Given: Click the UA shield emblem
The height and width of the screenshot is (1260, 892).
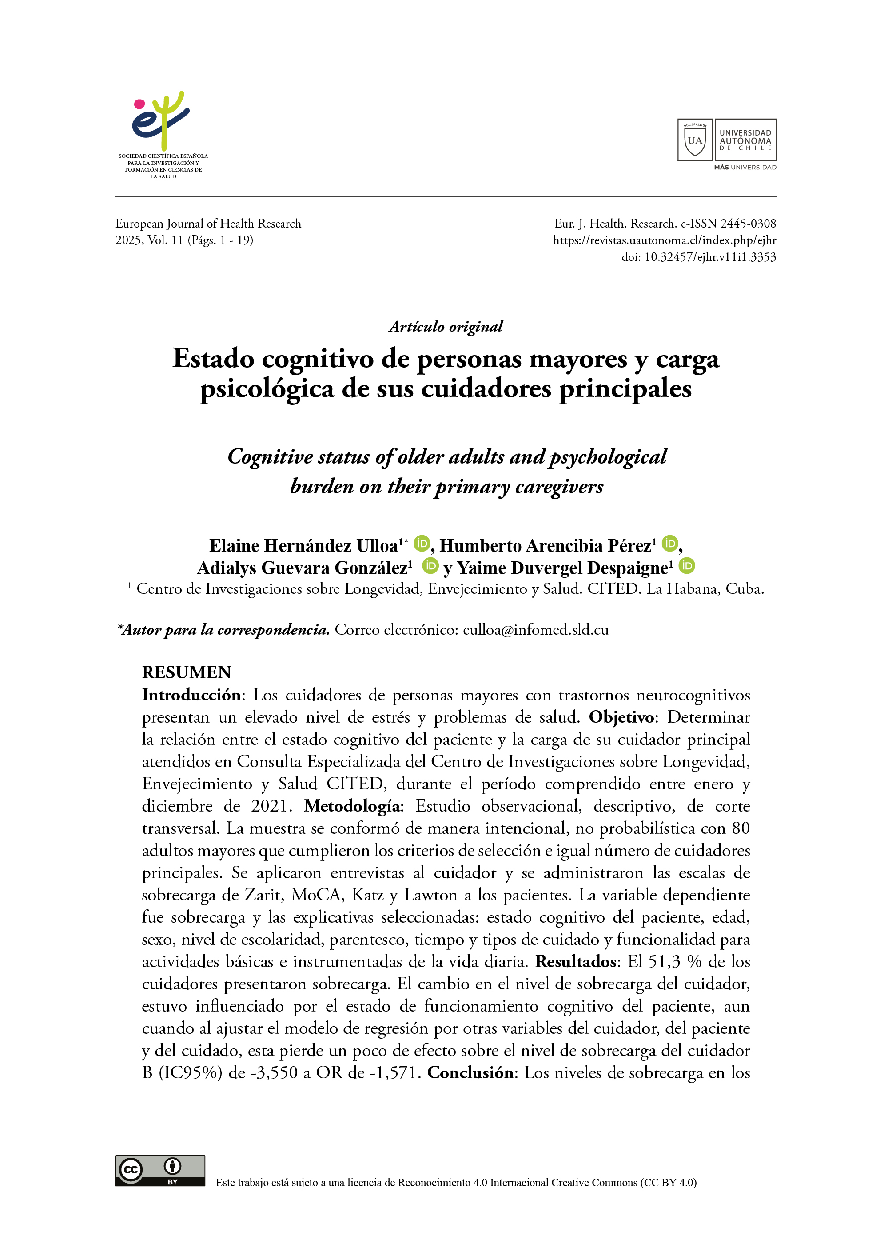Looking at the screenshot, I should coord(695,140).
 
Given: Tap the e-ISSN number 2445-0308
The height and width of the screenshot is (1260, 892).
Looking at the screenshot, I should coord(748,224).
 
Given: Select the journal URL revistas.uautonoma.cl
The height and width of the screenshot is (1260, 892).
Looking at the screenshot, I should coord(665,240).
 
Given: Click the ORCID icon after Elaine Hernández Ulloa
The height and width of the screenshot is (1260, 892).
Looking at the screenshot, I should coord(421,544).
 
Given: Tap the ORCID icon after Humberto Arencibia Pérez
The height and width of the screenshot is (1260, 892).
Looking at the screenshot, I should coord(669,544).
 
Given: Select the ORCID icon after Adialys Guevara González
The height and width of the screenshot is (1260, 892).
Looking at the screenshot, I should coord(430,565).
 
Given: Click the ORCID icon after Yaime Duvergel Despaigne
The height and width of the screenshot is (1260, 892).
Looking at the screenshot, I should coord(687,565).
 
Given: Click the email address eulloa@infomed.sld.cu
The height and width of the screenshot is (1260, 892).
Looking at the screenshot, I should coord(536,630).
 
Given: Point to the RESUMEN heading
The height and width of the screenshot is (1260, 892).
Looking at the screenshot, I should coord(187,672).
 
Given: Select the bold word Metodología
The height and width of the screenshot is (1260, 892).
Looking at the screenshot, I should coord(353,806).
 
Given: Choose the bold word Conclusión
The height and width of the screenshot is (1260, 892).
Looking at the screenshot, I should coord(472,1072).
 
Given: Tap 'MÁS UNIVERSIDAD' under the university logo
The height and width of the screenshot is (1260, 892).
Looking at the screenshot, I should coord(745,168).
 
